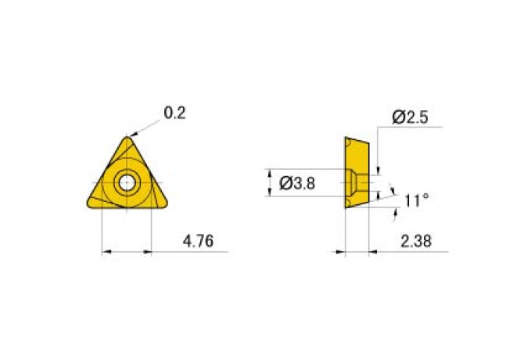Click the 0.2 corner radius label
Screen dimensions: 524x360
tap(174, 113)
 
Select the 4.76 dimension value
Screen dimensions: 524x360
tap(198, 241)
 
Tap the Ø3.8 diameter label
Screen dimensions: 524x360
tap(297, 183)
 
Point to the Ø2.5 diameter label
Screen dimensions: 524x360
tap(410, 117)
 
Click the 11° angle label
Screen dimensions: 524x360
tap(416, 200)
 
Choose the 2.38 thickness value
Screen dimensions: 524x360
tap(416, 241)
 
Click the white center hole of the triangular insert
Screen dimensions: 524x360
tap(127, 183)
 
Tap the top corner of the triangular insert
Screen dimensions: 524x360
tap(127, 137)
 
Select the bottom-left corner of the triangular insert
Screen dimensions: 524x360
tap(88, 204)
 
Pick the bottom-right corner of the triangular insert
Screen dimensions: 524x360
tap(166, 204)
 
